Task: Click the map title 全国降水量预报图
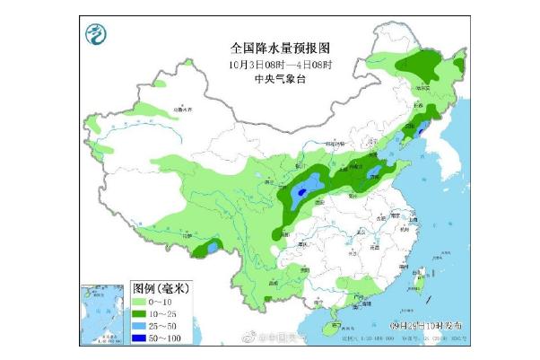(x=269, y=46)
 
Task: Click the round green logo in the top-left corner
(x=95, y=37)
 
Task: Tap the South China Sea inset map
(x=100, y=310)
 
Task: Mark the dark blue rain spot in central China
(x=302, y=190)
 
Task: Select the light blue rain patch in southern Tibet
(x=211, y=245)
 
